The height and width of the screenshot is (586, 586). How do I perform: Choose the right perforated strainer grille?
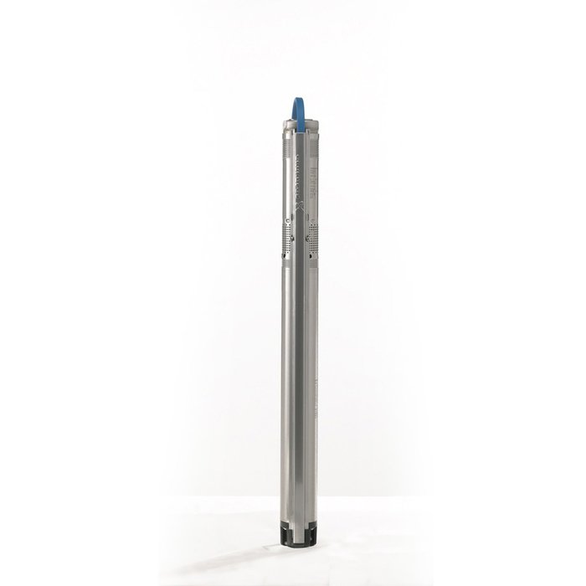pos(312,239)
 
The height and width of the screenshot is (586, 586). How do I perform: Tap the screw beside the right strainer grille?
pos(308,239)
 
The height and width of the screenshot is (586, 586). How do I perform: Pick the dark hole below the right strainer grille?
pos(313,255)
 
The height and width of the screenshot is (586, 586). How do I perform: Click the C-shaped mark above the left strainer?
pos(288,220)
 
